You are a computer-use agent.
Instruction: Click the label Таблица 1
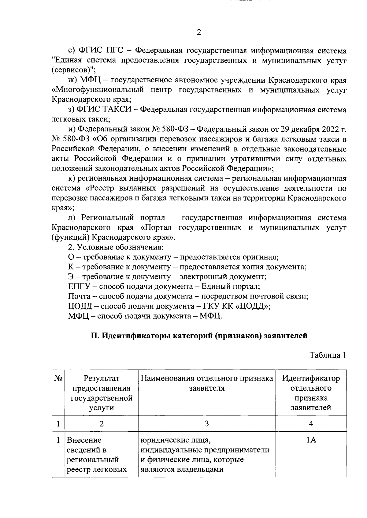click(x=328, y=355)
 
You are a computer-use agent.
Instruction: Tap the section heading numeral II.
click(x=95, y=336)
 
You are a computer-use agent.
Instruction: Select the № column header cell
click(x=58, y=379)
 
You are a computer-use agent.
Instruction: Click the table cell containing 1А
click(x=311, y=440)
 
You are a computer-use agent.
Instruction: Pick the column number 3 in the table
click(x=207, y=424)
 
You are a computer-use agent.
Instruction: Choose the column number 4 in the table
click(x=311, y=424)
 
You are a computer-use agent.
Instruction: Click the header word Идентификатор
click(x=311, y=379)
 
